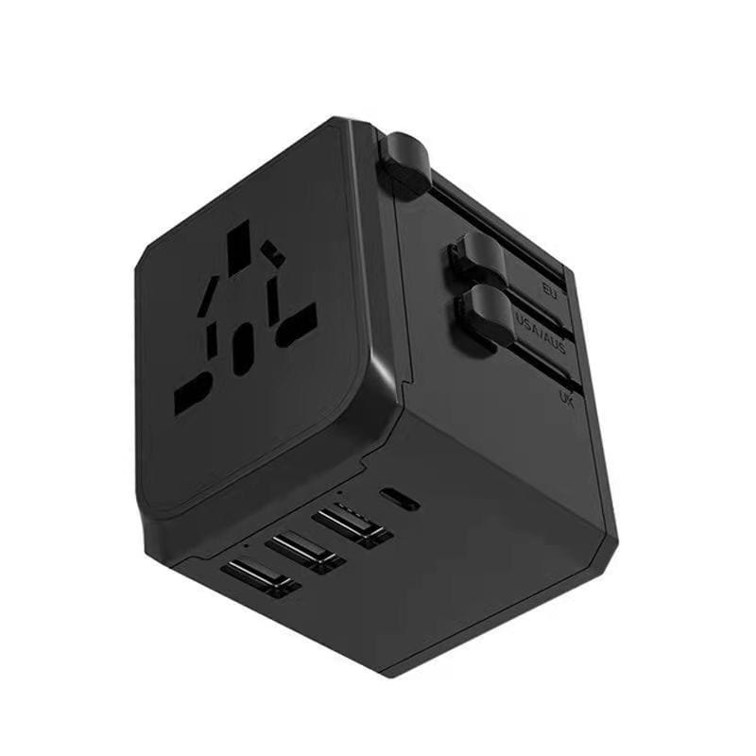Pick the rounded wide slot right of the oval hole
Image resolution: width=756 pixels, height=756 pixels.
[x=296, y=322]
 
